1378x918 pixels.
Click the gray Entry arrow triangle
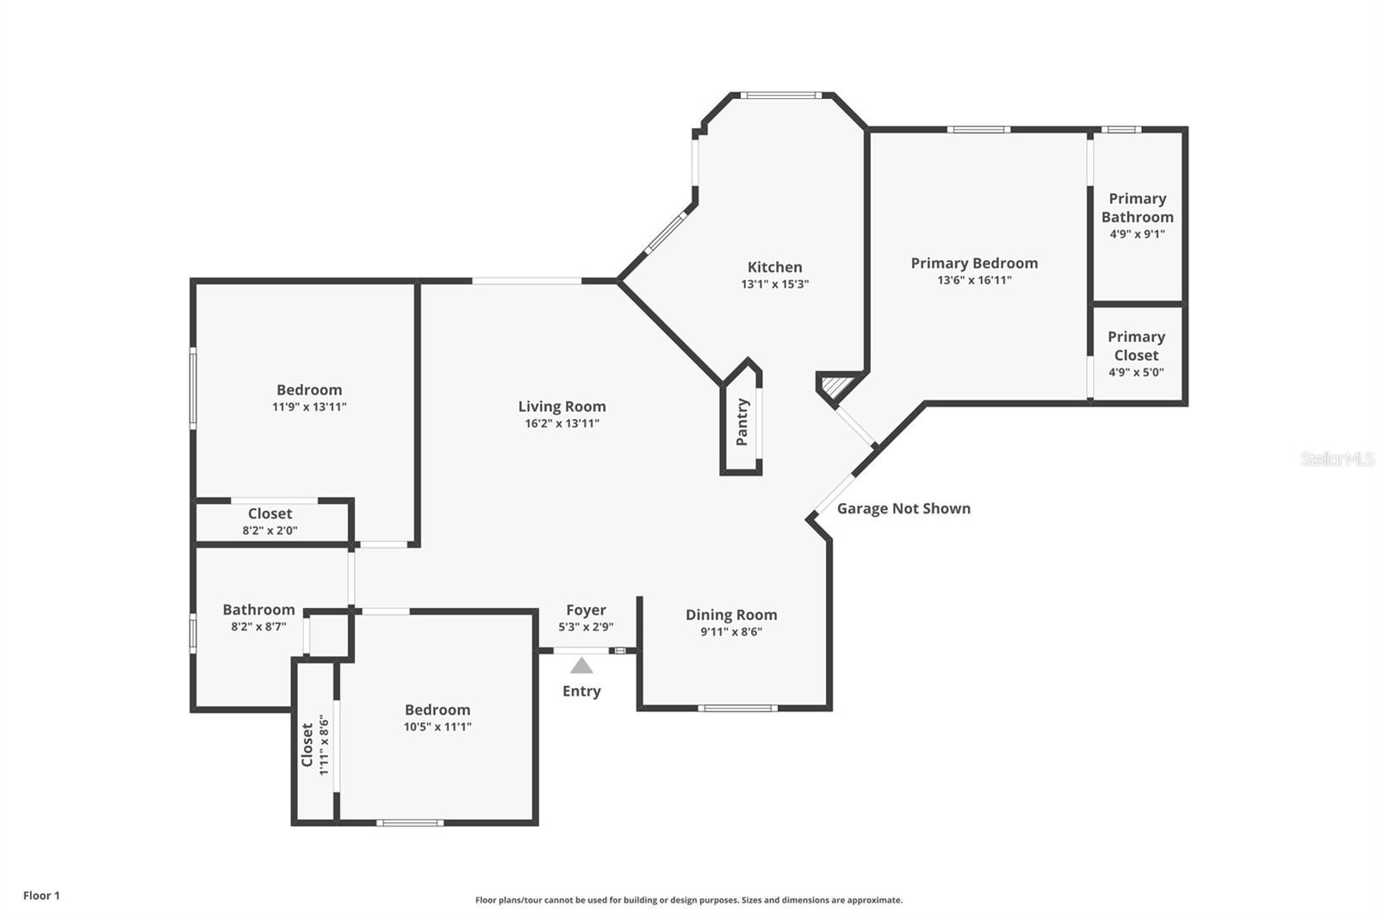(581, 666)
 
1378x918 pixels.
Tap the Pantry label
(742, 422)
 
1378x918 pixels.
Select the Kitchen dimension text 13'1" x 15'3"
(774, 284)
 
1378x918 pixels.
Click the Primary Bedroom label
(974, 264)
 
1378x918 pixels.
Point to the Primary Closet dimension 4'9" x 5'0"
(1136, 372)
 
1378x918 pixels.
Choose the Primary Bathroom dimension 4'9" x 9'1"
(1138, 234)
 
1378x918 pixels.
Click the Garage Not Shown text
(903, 508)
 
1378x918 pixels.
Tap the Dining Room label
(731, 615)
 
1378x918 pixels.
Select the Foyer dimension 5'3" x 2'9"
(586, 627)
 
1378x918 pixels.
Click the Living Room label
(562, 406)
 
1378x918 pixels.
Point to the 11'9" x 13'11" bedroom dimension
(309, 406)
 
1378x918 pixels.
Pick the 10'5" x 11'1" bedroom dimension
(438, 727)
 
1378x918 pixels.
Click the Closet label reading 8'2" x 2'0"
(270, 513)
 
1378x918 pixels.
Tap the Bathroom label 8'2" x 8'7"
(258, 610)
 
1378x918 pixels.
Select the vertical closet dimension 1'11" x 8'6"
(324, 745)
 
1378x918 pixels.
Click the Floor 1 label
(42, 896)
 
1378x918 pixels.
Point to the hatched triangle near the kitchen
(836, 386)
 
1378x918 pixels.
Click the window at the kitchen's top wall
(780, 96)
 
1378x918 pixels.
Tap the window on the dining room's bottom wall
(737, 708)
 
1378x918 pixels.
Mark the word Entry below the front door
(581, 691)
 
